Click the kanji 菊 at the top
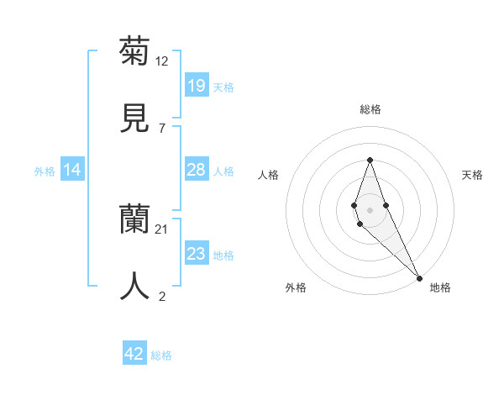tap(134, 51)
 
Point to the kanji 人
tap(134, 286)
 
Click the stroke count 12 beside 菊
tap(162, 61)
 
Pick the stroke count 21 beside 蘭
tap(162, 229)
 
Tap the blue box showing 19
tap(196, 86)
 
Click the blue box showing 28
tap(196, 170)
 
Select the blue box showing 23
tap(196, 254)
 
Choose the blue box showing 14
tap(72, 171)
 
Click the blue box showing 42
tap(134, 354)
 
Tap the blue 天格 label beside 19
tap(223, 87)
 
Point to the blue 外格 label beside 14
tap(45, 171)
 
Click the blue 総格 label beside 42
tap(161, 355)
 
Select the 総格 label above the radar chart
tap(370, 109)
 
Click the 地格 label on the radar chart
tap(440, 287)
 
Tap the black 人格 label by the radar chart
tap(268, 175)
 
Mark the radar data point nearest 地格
tap(418, 277)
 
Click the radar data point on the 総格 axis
tap(370, 160)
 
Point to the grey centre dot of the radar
tap(370, 210)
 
